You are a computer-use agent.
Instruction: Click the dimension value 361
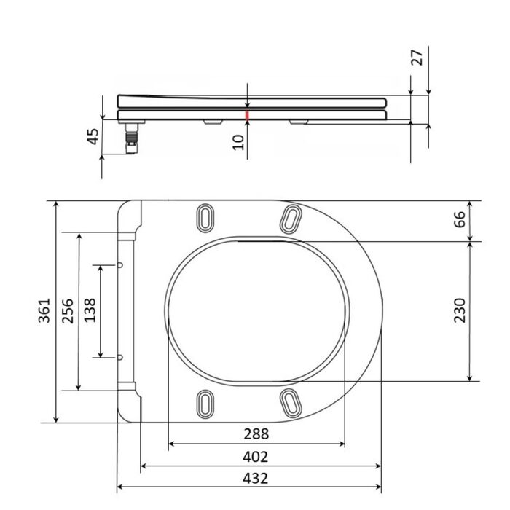44,310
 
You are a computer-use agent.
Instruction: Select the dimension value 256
68,310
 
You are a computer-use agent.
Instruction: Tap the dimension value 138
90,310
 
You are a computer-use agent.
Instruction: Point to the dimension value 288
256,433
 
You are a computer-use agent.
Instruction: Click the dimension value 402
255,457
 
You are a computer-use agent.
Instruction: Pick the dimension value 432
255,479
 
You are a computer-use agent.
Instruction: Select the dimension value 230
460,310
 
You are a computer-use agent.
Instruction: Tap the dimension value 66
460,219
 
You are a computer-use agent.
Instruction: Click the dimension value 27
417,58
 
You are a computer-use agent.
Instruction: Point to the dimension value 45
93,137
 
